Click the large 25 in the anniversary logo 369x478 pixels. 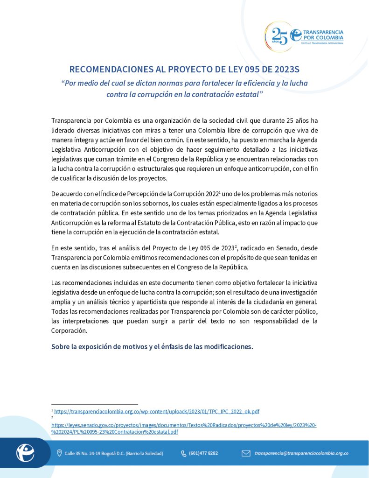coord(279,35)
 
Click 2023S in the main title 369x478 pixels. coord(284,70)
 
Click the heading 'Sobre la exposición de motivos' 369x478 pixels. coord(152,347)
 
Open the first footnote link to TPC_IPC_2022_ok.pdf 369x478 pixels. coord(157,411)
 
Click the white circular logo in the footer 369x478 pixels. coord(25,453)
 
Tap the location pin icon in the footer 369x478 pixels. coord(59,453)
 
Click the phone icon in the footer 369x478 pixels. coord(183,453)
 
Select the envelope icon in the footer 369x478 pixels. coord(246,453)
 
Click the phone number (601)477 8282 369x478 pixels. coord(203,453)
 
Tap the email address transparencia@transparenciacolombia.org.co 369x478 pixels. coord(301,453)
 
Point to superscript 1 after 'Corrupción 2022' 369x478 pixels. coord(220,192)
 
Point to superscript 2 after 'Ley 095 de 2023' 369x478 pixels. coord(237,246)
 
